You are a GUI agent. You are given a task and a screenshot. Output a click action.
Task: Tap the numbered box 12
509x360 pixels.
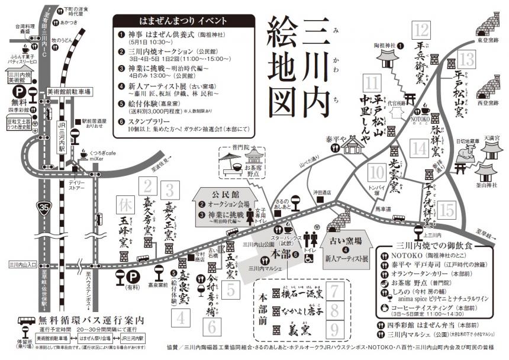pyautogui.click(x=422, y=30)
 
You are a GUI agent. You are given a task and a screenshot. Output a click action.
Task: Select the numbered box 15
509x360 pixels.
pyautogui.click(x=447, y=210)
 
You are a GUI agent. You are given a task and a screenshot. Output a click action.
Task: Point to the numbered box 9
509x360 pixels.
pyautogui.click(x=335, y=329)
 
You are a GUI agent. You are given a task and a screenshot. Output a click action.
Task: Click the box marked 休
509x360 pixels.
pyautogui.click(x=125, y=205)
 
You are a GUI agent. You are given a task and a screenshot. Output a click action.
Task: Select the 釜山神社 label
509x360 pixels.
pyautogui.click(x=492, y=186)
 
